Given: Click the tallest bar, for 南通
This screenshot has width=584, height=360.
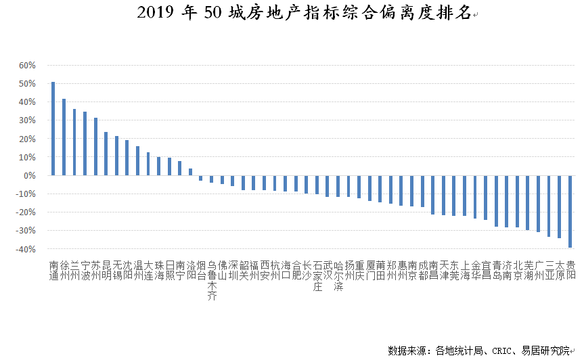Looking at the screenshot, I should [x=53, y=129].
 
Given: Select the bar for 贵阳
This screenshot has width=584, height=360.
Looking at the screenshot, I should [x=570, y=211].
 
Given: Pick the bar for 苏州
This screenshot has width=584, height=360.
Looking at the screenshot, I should [x=95, y=146].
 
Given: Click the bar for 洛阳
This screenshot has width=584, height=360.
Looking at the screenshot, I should [x=190, y=172].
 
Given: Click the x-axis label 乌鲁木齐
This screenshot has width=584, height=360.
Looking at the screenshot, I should [x=212, y=279].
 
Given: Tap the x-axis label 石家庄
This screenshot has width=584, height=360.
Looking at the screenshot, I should [x=317, y=275].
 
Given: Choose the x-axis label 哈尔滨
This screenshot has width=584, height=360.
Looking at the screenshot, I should [x=338, y=275].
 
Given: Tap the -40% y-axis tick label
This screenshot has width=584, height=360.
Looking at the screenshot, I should [x=25, y=250].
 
